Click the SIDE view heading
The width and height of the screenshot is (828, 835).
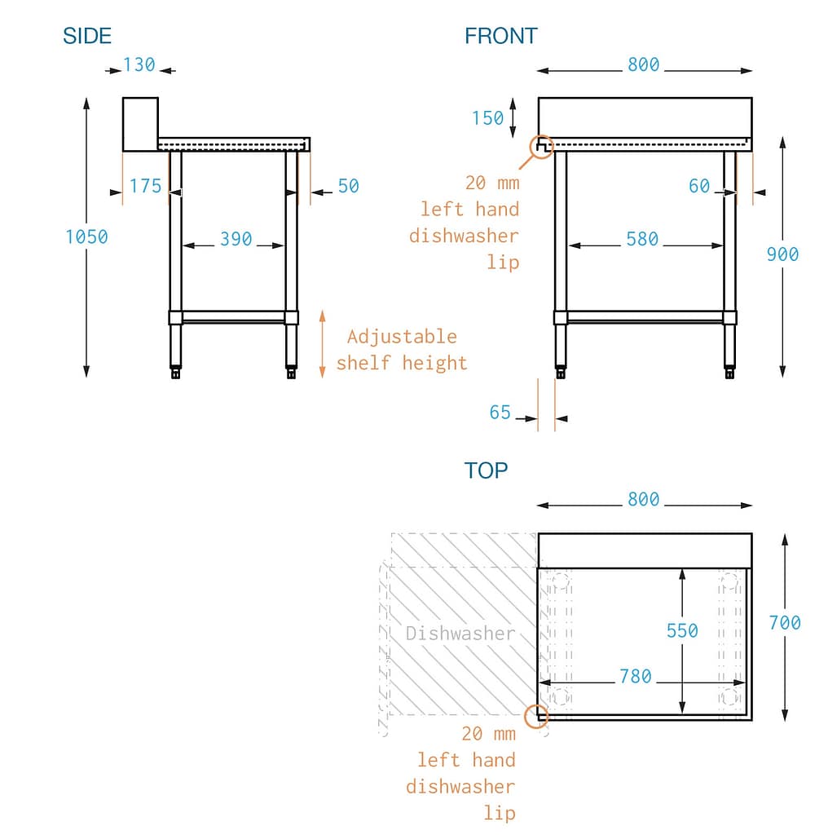point(87,36)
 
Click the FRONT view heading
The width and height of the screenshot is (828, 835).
point(500,36)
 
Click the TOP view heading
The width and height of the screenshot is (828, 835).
point(486,471)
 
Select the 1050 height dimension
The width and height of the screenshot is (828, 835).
point(86,236)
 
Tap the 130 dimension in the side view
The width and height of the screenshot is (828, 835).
point(139,64)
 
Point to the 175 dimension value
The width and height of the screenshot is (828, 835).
point(145,186)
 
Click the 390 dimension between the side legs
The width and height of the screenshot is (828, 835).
point(236,240)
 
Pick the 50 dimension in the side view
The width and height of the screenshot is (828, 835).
point(348,186)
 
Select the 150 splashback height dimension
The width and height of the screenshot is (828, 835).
point(487,118)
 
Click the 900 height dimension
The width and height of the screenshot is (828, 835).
point(782,254)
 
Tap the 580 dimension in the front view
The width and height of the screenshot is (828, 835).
point(642,240)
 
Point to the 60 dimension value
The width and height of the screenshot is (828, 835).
point(699,187)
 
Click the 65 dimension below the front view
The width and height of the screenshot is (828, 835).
point(500,413)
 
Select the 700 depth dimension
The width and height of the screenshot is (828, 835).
point(784,623)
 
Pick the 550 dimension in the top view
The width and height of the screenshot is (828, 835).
point(682,630)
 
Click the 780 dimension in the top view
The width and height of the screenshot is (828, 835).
point(635,676)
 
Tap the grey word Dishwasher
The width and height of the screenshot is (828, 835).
point(460,633)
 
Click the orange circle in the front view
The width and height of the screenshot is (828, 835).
point(542,147)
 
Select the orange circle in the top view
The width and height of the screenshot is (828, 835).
point(536,716)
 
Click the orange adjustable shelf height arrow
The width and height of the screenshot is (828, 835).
point(322,343)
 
